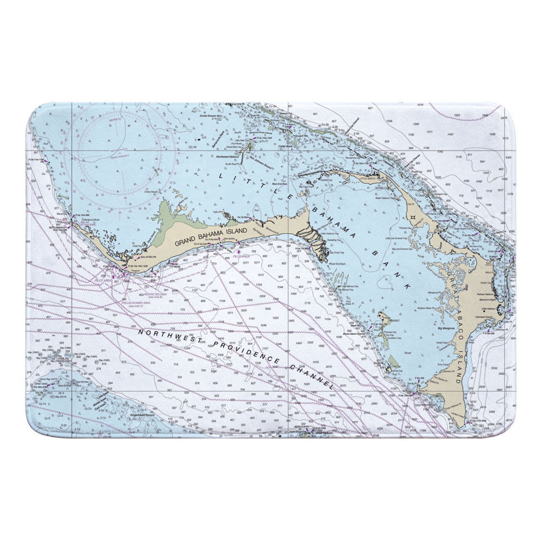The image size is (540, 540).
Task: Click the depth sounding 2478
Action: [504, 118]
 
